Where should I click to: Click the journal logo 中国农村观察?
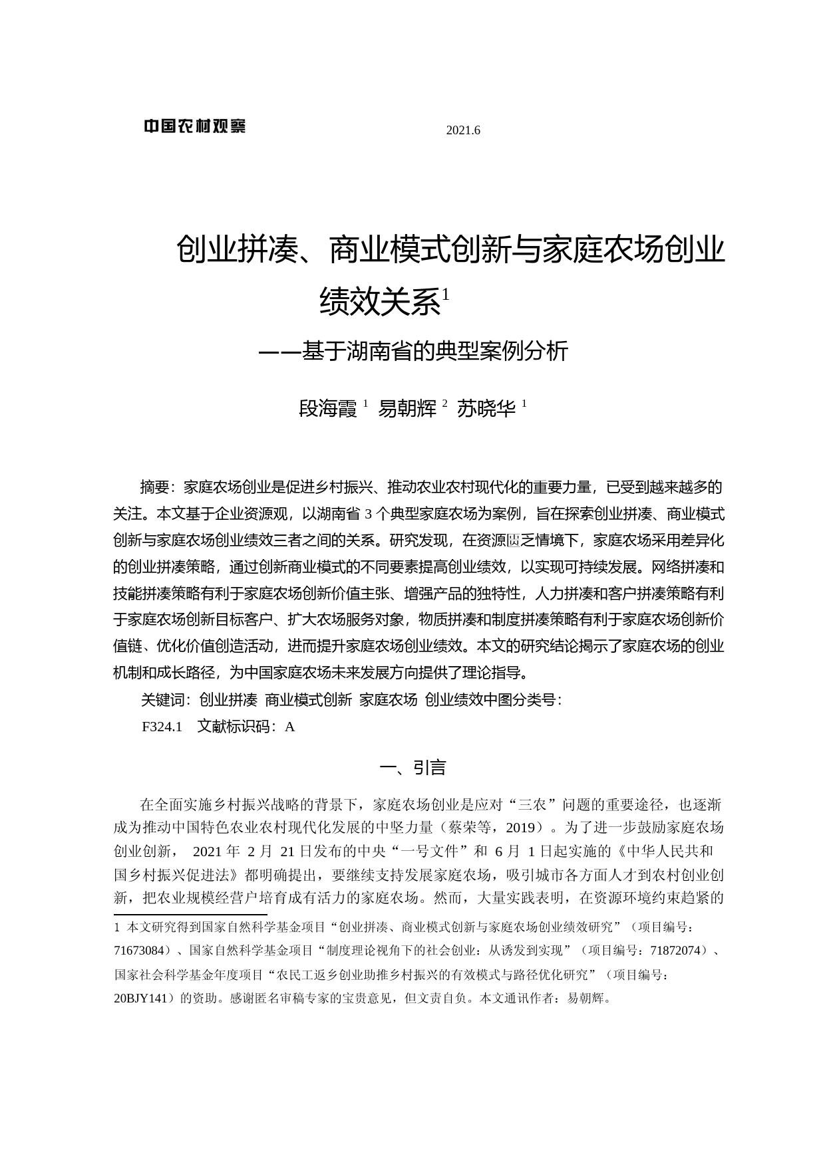tap(195, 126)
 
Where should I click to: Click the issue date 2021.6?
tap(462, 130)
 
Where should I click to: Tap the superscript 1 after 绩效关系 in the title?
tap(446, 293)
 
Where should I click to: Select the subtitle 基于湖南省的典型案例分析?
tap(434, 351)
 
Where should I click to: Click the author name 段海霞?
tap(328, 408)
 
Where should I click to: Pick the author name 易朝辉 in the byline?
tap(407, 408)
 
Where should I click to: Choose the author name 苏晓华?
tap(486, 408)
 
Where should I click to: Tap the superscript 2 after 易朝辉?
tap(444, 403)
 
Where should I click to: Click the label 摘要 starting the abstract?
tap(156, 487)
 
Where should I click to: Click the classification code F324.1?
tap(162, 727)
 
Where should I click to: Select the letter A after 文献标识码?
tap(289, 727)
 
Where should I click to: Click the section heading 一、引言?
tap(412, 768)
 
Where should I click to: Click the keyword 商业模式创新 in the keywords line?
tap(308, 700)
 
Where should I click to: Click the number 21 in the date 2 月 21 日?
tap(287, 852)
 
